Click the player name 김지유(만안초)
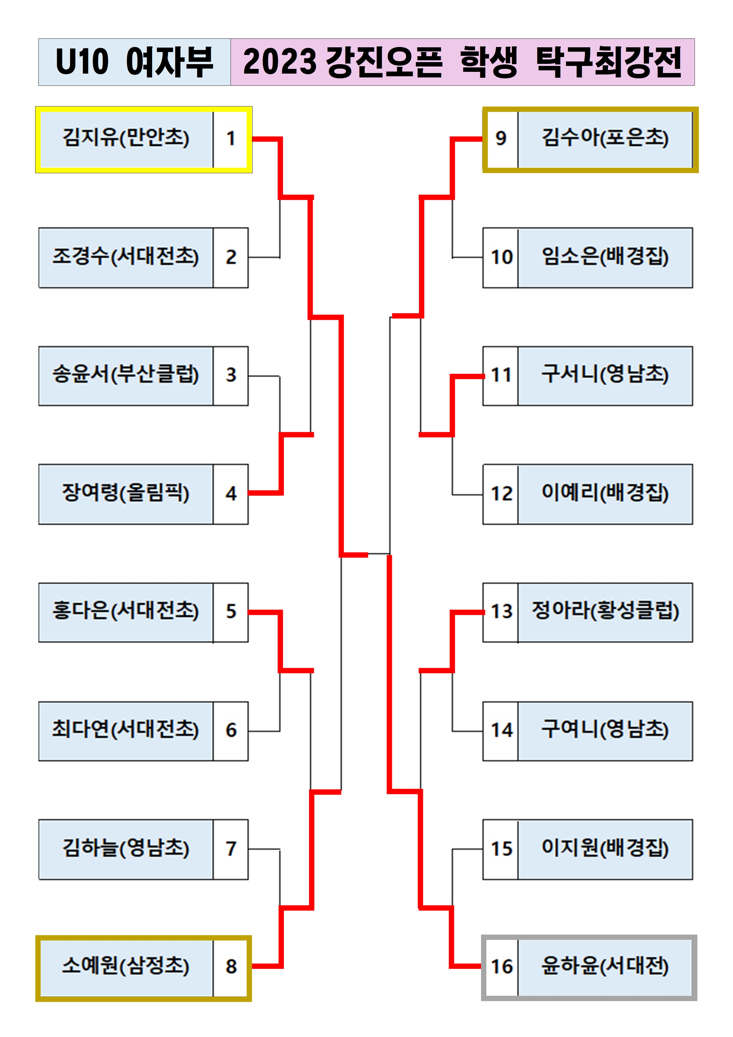click(126, 138)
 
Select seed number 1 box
click(231, 139)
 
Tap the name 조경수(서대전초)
click(126, 257)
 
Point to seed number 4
click(231, 494)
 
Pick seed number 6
click(231, 730)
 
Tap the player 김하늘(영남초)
click(126, 848)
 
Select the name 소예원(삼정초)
click(126, 967)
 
